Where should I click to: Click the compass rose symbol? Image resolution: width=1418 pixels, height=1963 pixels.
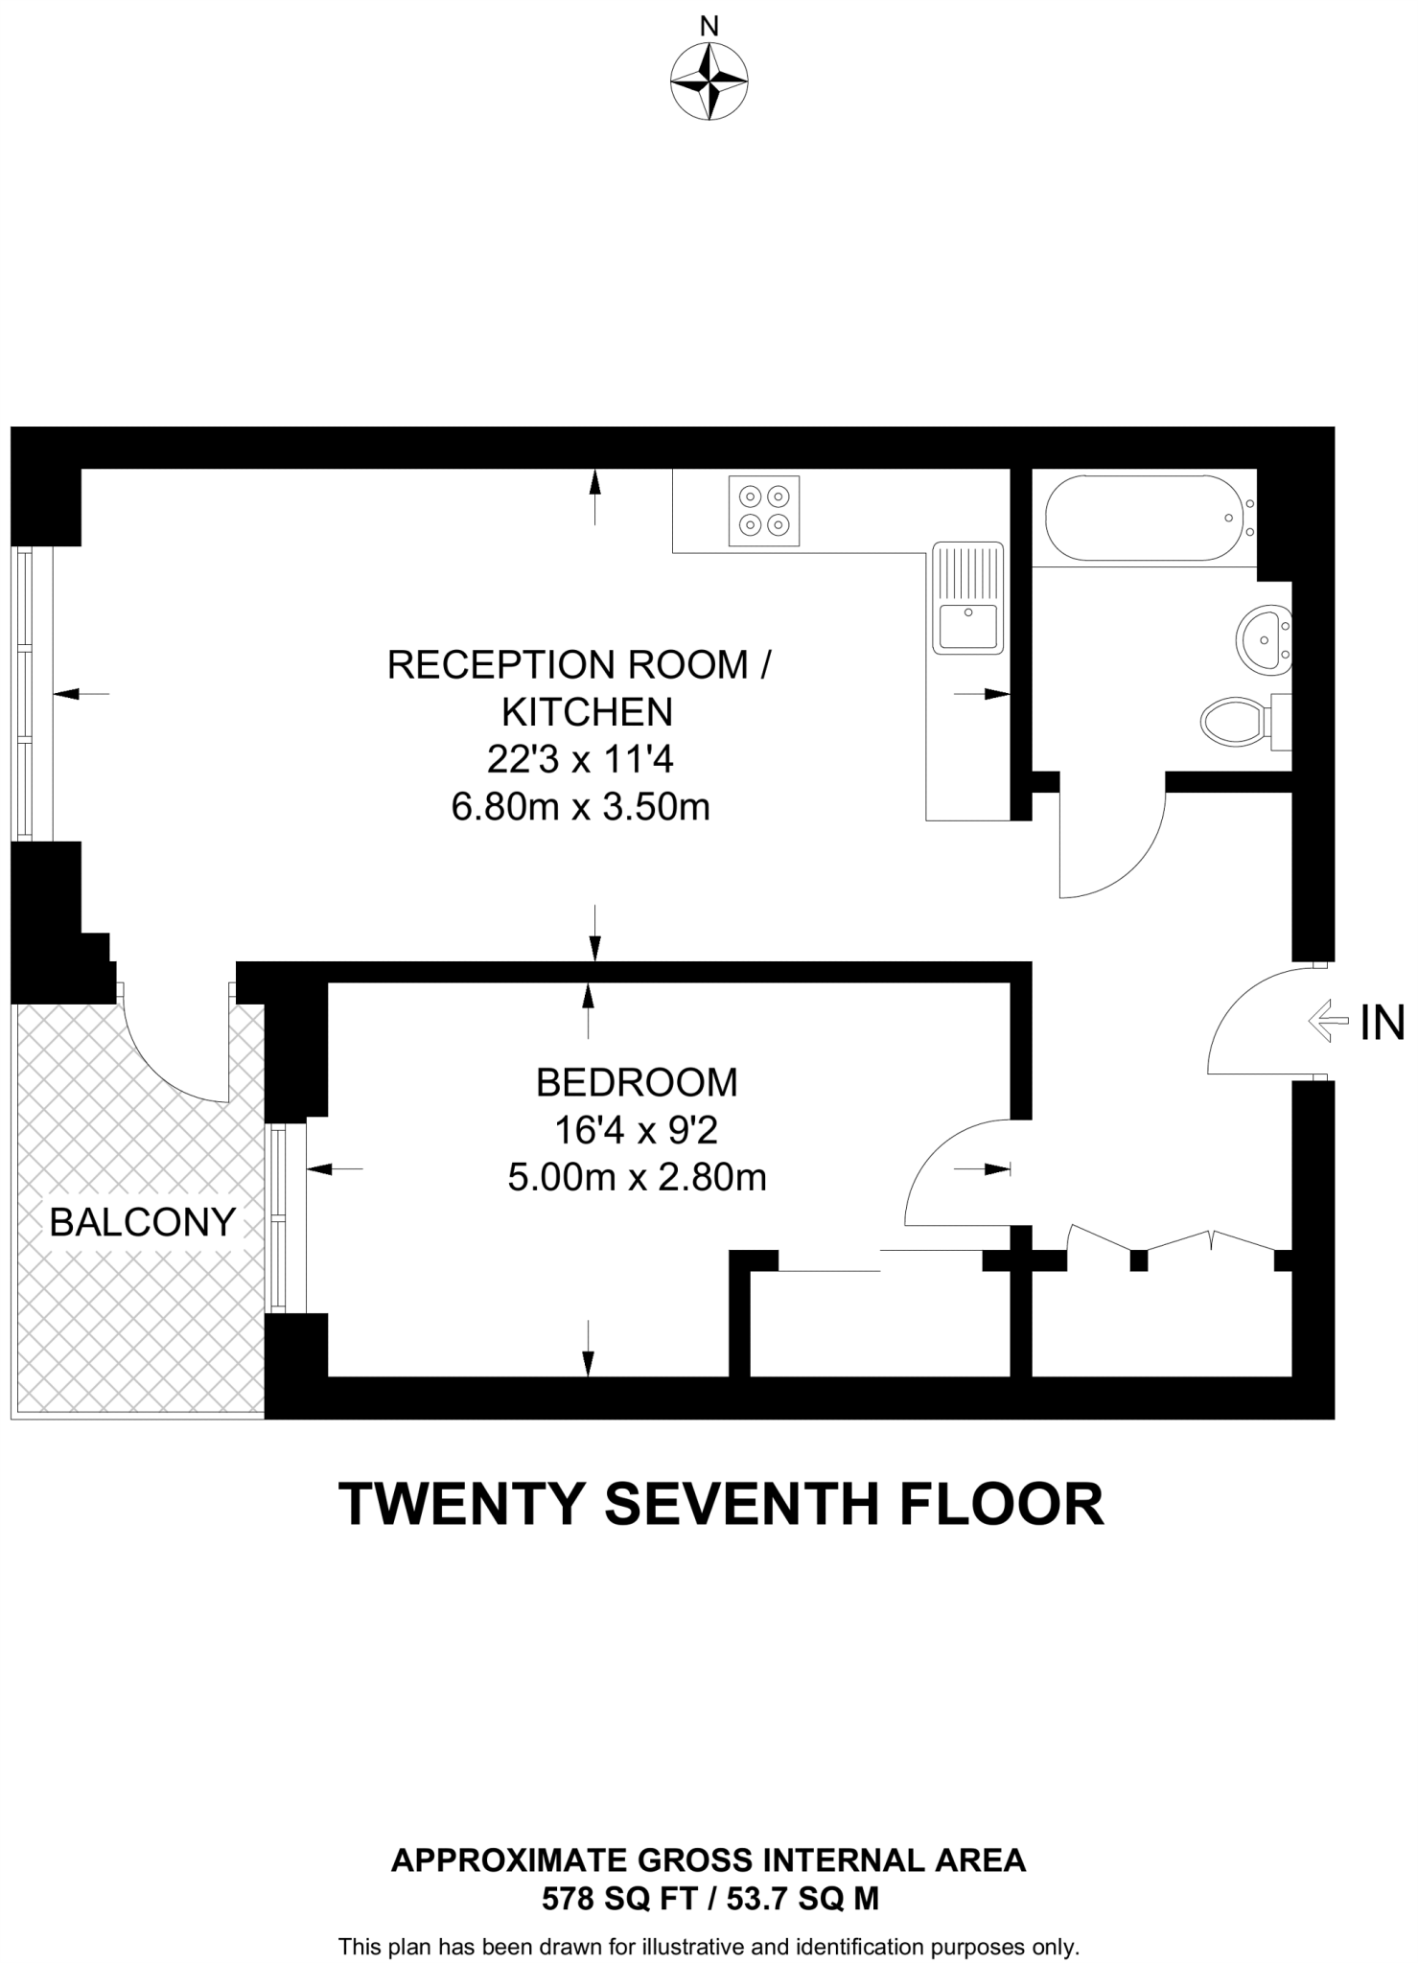(x=709, y=81)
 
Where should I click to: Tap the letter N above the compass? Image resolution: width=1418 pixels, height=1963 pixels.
(x=709, y=27)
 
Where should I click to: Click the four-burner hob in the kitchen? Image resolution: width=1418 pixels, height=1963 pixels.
(x=764, y=511)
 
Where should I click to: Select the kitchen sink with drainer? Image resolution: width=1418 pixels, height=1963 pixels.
(x=967, y=598)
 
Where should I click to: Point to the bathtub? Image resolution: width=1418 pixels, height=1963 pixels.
(x=1145, y=518)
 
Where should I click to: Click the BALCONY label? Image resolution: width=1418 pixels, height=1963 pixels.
(x=142, y=1222)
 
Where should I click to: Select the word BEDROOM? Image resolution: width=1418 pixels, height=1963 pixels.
(x=637, y=1082)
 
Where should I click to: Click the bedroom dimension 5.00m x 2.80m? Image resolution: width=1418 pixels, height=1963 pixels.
(x=637, y=1177)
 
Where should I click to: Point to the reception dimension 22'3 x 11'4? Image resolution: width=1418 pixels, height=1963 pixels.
(x=581, y=760)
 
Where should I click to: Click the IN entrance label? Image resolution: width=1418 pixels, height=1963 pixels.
(x=1382, y=1023)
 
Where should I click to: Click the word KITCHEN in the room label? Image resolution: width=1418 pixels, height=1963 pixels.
(x=587, y=712)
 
